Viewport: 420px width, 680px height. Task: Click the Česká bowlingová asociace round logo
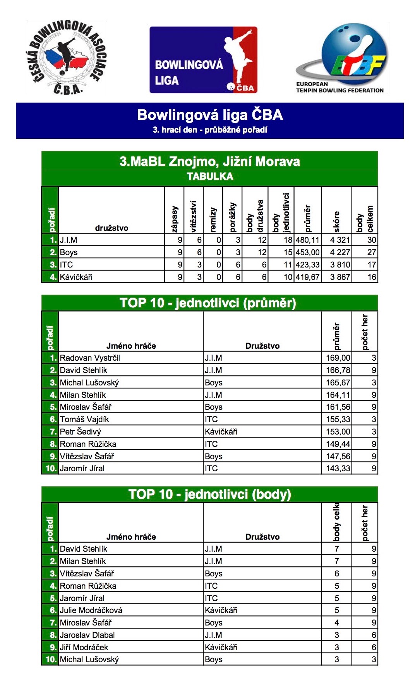click(67, 57)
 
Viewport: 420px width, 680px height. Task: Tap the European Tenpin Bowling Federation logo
click(341, 58)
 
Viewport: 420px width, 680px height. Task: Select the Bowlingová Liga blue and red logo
click(204, 60)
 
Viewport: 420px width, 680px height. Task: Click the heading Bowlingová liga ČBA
click(210, 115)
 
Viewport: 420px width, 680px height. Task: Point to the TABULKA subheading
click(210, 177)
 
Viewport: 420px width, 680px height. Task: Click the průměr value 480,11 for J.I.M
click(307, 240)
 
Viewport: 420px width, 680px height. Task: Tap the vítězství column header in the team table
click(194, 216)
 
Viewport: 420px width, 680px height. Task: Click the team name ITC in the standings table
click(67, 265)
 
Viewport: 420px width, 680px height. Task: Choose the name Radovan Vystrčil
click(90, 358)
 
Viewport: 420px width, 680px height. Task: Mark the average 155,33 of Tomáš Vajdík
click(338, 419)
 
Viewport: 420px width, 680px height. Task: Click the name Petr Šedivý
click(80, 432)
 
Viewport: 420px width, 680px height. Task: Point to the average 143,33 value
click(338, 469)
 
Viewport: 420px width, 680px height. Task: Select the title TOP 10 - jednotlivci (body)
click(210, 494)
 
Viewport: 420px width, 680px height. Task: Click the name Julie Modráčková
click(91, 610)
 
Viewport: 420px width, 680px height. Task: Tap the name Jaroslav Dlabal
click(87, 635)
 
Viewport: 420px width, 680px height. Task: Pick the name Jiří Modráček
click(84, 648)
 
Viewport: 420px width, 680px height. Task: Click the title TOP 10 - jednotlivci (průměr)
click(208, 303)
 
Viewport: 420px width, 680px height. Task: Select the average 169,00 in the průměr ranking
click(338, 358)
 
